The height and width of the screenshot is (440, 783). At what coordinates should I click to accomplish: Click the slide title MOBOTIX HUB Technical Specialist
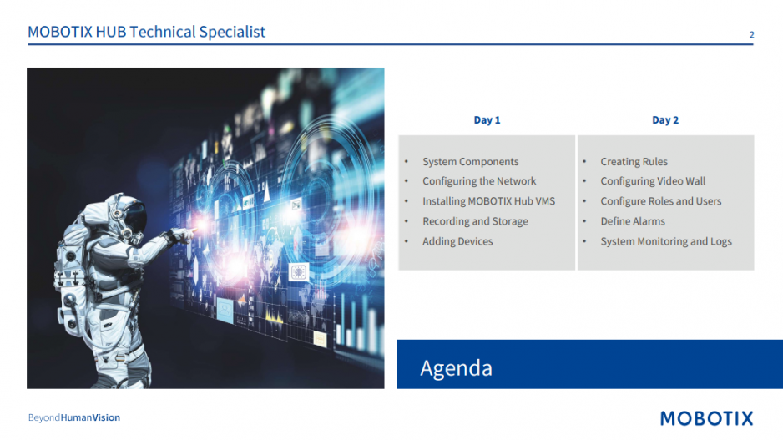(146, 32)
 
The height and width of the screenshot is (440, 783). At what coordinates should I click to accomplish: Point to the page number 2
(751, 34)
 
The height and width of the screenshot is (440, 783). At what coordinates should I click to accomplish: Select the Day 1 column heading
(487, 120)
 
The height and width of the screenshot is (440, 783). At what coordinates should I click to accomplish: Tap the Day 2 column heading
(665, 120)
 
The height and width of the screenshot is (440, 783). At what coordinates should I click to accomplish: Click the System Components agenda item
(471, 162)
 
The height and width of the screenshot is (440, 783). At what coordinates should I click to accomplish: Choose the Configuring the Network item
(479, 181)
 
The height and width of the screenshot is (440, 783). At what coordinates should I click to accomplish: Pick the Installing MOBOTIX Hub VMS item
(488, 201)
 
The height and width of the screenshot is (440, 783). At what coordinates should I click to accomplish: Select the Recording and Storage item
(475, 221)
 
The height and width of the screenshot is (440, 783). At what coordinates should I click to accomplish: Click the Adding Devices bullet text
(457, 241)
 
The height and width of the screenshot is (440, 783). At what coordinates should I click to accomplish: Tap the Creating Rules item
(634, 162)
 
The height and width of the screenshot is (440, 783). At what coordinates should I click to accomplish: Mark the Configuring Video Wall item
(653, 181)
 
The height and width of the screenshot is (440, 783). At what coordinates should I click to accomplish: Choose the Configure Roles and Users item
(660, 201)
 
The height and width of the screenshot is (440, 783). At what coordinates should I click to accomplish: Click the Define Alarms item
(633, 221)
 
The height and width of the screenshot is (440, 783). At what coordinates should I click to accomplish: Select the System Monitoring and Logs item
(666, 242)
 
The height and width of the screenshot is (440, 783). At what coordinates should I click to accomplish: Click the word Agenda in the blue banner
(456, 368)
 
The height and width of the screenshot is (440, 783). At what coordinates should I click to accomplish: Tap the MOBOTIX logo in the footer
(706, 418)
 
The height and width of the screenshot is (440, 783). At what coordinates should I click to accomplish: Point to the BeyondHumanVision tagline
(74, 417)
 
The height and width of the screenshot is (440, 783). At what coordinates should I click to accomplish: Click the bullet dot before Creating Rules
(584, 161)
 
